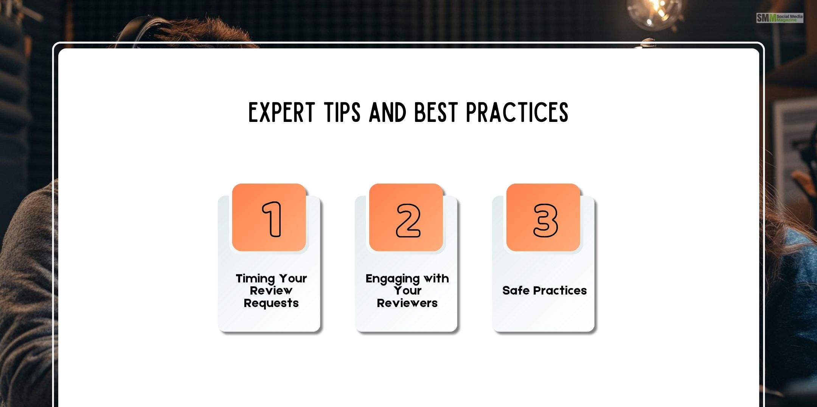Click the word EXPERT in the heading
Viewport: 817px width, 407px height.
tap(281, 112)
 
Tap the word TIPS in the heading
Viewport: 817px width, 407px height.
tap(342, 112)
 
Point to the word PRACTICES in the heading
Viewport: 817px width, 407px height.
tap(517, 112)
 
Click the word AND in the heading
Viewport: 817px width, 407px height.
tap(387, 112)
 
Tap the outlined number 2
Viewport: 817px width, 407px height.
tap(408, 220)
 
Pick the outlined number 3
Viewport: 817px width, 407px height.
tap(545, 220)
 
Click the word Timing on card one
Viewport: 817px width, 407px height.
tap(255, 279)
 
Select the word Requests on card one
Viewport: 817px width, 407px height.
tap(271, 303)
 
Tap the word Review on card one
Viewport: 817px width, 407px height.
tap(271, 291)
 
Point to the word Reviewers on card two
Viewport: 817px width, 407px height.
tap(407, 303)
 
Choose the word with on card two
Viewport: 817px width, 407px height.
tap(436, 278)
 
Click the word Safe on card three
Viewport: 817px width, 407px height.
tap(516, 290)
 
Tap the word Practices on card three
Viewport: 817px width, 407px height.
tap(560, 290)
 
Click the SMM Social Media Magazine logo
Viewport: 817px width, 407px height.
tap(780, 18)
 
